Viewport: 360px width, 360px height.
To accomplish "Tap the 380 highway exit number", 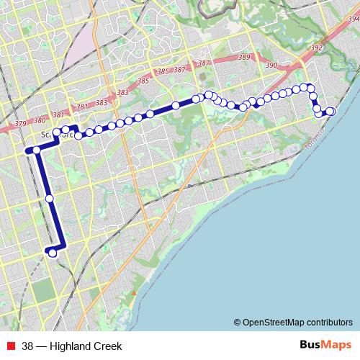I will [40, 120].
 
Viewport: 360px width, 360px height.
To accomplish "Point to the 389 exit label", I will [244, 58].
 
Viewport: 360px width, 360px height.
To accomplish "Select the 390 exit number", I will [271, 66].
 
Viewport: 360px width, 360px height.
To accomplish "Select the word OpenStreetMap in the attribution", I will [277, 322].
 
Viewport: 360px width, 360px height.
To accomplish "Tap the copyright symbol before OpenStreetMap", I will [237, 322].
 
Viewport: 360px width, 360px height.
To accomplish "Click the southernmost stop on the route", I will [52, 253].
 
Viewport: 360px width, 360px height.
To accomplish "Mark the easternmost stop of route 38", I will [331, 111].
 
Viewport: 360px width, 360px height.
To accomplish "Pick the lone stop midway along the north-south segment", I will [49, 198].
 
